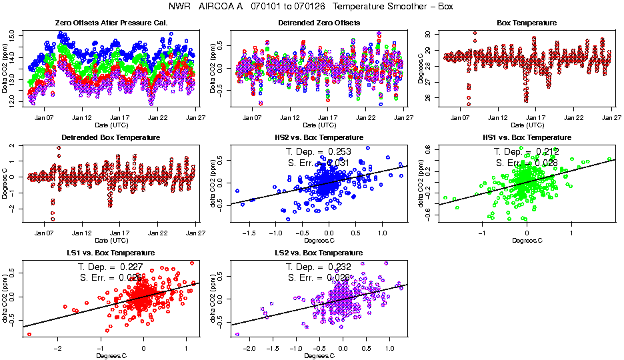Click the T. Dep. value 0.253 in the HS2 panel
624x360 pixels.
(x=351, y=152)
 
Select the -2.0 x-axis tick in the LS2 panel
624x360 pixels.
(x=249, y=349)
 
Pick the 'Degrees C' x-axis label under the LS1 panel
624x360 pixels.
(x=111, y=355)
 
